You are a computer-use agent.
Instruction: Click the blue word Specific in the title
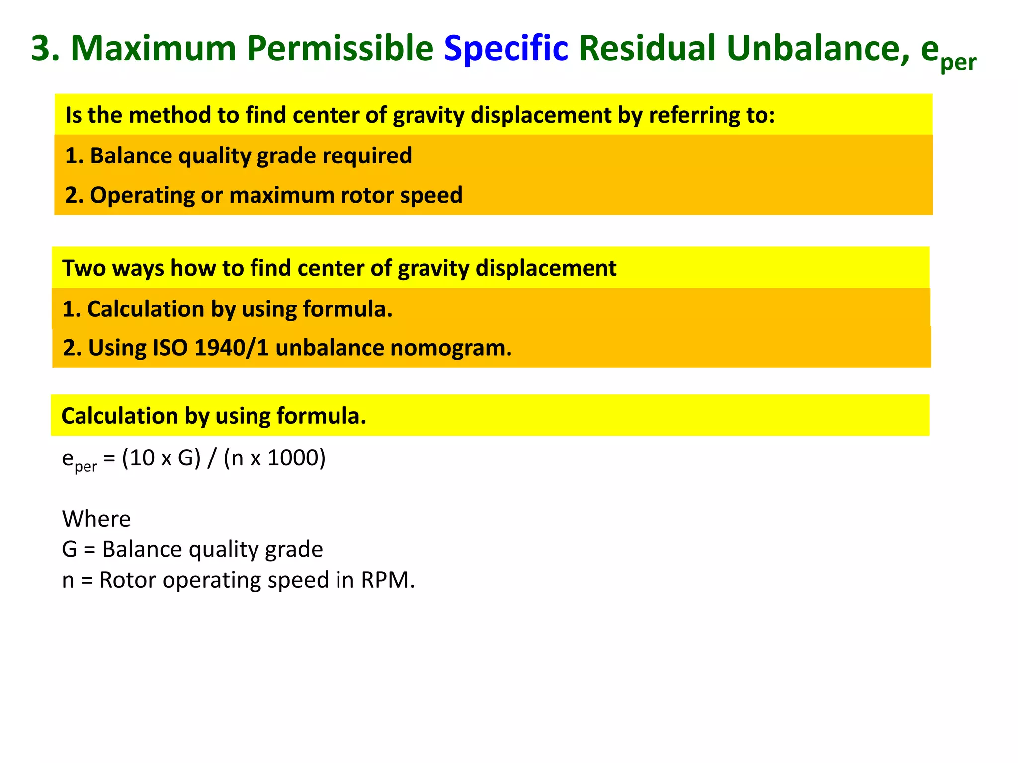(x=506, y=48)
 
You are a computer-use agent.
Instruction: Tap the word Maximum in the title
(x=153, y=48)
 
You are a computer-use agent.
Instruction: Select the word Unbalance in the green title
(x=818, y=48)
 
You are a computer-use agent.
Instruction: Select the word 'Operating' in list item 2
(x=142, y=195)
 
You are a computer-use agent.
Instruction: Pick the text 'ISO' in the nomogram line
(x=170, y=348)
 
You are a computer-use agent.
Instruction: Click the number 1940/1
(x=232, y=348)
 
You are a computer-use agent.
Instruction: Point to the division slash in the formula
(x=212, y=458)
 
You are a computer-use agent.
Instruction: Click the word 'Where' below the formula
(x=96, y=519)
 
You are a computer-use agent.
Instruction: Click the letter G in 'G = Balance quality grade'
(x=70, y=549)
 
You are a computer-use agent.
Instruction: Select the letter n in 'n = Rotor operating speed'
(x=68, y=580)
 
